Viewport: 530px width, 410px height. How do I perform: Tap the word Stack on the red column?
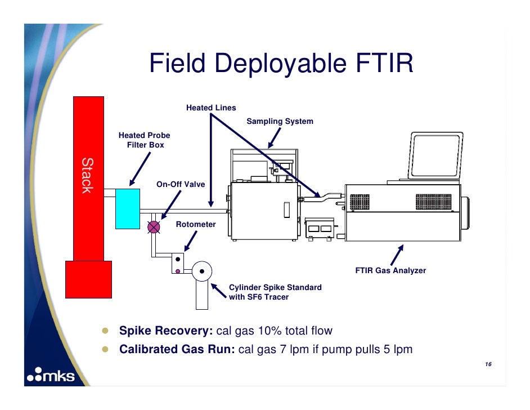(86, 175)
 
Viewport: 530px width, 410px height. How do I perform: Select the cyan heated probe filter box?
(127, 208)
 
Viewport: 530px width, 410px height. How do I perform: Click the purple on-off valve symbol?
(153, 228)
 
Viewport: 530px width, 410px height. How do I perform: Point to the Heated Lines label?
(211, 108)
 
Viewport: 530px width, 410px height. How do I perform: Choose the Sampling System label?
(280, 122)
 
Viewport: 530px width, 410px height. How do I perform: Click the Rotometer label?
(196, 224)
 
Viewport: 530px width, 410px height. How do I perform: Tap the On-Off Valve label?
(181, 184)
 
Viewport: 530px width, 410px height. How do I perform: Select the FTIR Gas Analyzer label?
(390, 271)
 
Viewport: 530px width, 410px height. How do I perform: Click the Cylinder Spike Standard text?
(275, 288)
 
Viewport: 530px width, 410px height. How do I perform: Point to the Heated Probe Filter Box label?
(144, 140)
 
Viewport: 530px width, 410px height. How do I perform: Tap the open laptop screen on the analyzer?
(436, 156)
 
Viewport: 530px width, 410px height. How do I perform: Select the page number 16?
(488, 366)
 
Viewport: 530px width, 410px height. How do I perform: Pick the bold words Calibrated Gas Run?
(177, 349)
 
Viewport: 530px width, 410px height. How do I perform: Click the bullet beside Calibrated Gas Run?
(105, 349)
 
